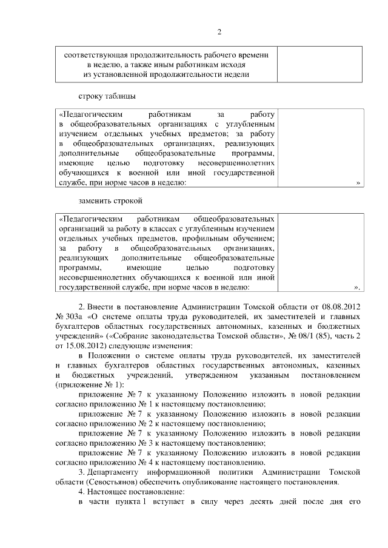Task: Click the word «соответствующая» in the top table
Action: click(x=95, y=54)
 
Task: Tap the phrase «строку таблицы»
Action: click(x=107, y=96)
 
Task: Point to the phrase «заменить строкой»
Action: click(x=110, y=200)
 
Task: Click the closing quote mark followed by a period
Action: click(x=358, y=287)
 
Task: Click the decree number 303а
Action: click(x=75, y=317)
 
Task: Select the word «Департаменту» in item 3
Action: click(x=115, y=472)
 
